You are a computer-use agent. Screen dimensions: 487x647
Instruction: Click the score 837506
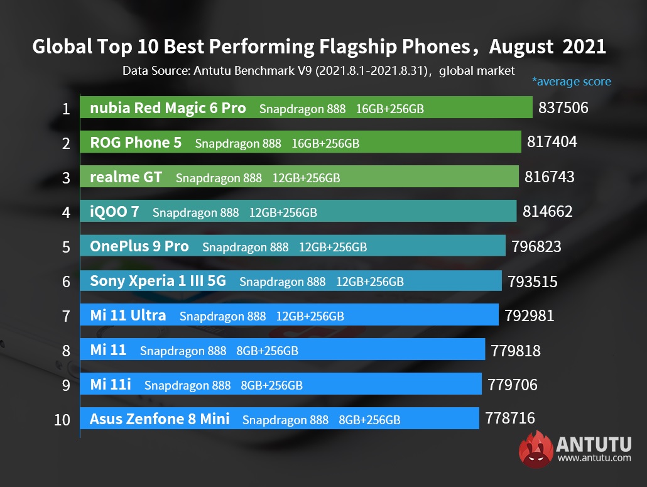563,108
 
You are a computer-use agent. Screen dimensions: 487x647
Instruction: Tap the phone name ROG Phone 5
136,143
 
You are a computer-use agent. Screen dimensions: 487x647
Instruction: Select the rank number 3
66,178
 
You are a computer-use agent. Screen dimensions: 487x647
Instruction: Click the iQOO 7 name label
114,212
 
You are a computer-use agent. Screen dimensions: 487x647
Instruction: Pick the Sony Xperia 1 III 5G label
158,281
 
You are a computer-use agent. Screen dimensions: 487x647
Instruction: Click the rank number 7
66,315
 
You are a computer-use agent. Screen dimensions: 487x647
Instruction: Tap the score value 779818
516,350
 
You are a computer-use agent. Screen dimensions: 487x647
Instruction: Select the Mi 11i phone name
111,385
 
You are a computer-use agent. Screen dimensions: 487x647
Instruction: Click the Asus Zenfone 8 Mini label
160,419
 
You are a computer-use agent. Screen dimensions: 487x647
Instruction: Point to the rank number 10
62,419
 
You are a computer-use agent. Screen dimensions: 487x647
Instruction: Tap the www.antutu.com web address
594,458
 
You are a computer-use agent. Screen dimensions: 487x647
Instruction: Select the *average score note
571,82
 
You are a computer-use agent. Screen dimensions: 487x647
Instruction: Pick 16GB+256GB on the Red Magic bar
389,109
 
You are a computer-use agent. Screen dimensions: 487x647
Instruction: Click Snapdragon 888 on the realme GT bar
219,178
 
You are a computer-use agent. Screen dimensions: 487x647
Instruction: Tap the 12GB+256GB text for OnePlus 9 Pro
333,247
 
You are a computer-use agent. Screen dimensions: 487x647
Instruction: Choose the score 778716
510,419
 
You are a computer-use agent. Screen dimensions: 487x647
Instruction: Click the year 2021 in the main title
584,47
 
